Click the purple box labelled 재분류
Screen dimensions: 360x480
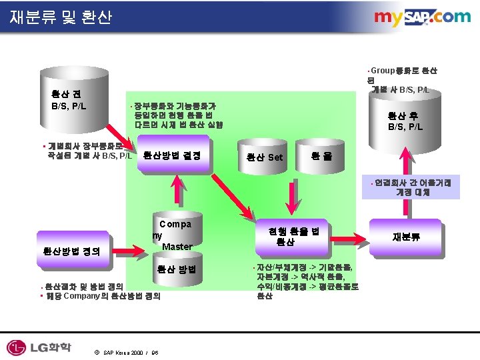(x=405, y=237)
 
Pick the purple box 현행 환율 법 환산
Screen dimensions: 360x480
(x=294, y=237)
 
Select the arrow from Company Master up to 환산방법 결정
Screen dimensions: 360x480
(x=176, y=193)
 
